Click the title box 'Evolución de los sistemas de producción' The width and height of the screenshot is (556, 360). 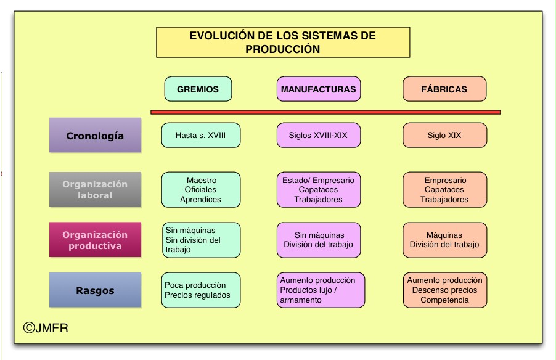coord(282,43)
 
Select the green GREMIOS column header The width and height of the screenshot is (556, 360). coord(198,89)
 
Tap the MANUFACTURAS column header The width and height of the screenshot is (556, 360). coord(318,89)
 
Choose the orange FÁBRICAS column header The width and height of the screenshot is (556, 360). coord(444,89)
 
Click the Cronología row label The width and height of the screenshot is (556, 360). coord(95,136)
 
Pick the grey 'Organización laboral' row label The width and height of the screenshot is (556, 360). coord(95,189)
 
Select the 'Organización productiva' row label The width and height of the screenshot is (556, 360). coord(95,240)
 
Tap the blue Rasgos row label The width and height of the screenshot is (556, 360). coord(95,290)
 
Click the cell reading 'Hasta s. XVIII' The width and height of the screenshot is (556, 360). coord(200,136)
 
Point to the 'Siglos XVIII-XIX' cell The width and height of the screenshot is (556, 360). coord(318,136)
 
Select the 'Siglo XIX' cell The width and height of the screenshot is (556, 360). coord(444,136)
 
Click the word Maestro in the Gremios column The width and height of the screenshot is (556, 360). coord(201,180)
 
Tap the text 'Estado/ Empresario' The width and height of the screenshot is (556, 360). coord(318,181)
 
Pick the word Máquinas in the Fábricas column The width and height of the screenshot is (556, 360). coord(444,235)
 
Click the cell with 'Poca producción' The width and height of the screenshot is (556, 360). coord(200,290)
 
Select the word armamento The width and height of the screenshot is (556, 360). coord(301,300)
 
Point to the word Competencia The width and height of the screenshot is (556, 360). coord(444,300)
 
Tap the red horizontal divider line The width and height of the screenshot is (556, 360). coord(325,112)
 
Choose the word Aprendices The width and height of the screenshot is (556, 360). coord(200,200)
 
